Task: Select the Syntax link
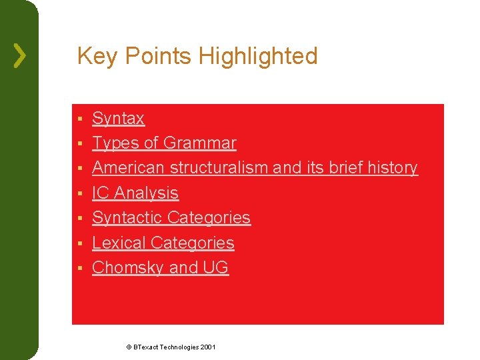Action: (x=118, y=119)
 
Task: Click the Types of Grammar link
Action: (x=164, y=143)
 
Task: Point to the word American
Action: (x=129, y=168)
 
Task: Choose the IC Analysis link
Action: (x=135, y=193)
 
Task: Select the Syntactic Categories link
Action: (x=171, y=218)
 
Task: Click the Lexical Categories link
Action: (x=163, y=243)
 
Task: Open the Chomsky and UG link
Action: (x=160, y=268)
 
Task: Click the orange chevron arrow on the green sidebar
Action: (x=20, y=56)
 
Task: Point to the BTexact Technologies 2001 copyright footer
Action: (x=171, y=347)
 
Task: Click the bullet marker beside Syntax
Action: (x=79, y=119)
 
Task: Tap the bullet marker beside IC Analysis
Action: (x=79, y=194)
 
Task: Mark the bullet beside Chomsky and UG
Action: (x=79, y=269)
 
